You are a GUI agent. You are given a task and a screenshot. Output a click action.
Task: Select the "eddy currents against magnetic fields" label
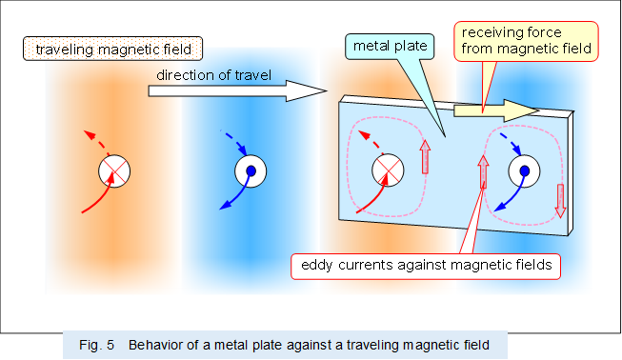click(x=425, y=266)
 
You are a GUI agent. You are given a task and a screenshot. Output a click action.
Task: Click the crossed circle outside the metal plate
click(x=114, y=171)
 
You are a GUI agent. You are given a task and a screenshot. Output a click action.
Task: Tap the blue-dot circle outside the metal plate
click(x=250, y=171)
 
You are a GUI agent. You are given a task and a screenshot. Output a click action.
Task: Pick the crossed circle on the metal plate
click(x=387, y=170)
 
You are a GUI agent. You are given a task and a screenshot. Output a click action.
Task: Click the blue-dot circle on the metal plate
click(x=522, y=171)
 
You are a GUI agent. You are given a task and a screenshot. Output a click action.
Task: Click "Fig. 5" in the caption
click(x=97, y=345)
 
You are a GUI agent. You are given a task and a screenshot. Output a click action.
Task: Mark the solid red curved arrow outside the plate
click(x=94, y=200)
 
